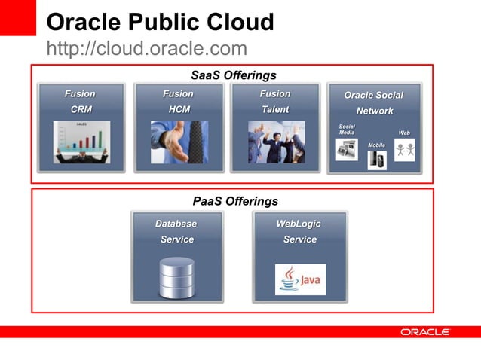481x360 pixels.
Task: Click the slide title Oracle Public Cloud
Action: coord(160,22)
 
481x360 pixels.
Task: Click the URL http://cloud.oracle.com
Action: coord(146,49)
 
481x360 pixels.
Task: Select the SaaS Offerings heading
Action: coord(233,75)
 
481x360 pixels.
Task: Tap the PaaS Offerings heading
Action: coord(235,201)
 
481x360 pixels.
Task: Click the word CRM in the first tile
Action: coord(81,110)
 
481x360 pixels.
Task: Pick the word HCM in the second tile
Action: coord(179,110)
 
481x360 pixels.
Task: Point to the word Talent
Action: coord(275,110)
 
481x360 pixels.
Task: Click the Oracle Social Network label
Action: coord(374,103)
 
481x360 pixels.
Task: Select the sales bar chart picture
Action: coord(81,142)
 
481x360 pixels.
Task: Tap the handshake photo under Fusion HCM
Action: coord(179,142)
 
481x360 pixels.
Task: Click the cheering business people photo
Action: coord(276,142)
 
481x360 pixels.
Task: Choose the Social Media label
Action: coord(347,130)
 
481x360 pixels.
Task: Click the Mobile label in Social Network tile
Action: coord(376,145)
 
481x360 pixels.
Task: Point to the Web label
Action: coord(404,133)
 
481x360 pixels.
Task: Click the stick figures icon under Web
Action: coord(405,150)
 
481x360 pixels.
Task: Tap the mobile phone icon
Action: coord(376,160)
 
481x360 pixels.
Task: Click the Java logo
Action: coord(300,279)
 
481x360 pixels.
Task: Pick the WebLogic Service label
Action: coord(299,232)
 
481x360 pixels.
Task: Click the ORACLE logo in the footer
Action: coord(424,332)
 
